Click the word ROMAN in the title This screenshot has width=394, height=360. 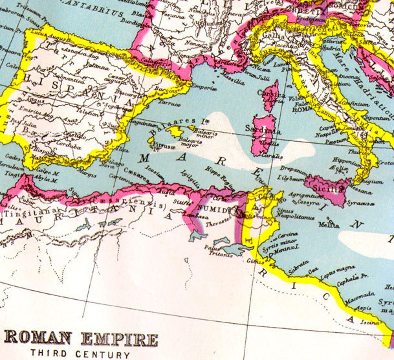38,338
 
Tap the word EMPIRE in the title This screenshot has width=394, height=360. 119,340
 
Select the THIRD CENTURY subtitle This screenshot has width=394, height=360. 80,354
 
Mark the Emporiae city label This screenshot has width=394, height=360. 204,88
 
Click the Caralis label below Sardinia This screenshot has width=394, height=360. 272,156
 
